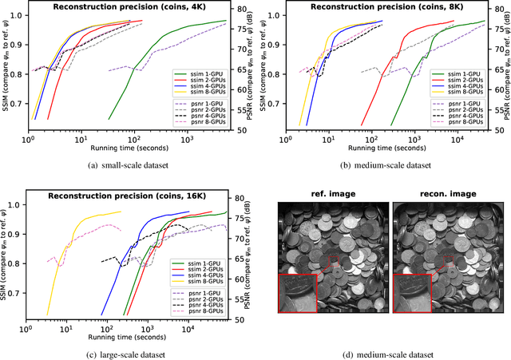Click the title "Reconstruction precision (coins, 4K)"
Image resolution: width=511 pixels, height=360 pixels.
click(128, 6)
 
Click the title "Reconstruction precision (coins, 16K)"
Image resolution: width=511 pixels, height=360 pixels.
click(128, 196)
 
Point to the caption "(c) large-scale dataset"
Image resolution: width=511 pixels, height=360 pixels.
click(127, 354)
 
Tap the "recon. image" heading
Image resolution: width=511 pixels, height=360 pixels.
click(442, 195)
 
